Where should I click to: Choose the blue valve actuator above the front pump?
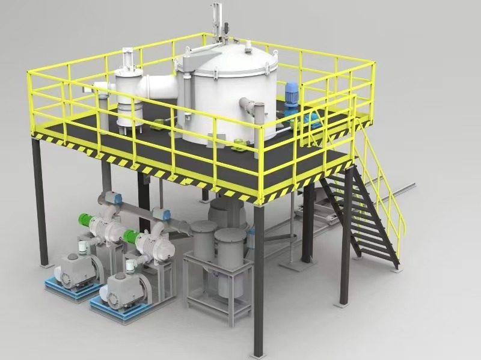[161, 215]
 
